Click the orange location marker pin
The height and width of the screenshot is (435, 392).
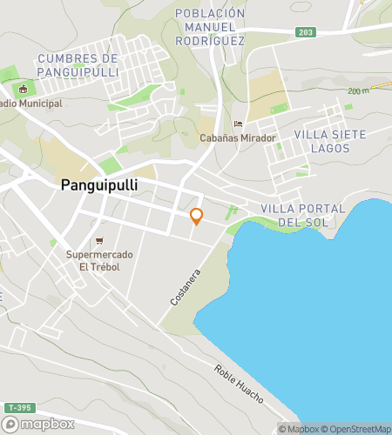[x=196, y=217]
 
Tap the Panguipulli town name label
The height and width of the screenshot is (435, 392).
[x=100, y=185]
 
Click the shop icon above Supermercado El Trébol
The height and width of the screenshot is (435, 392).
[x=99, y=240]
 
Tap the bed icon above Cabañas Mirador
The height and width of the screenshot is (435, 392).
[x=239, y=123]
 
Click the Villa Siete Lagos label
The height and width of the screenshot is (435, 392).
[x=329, y=141]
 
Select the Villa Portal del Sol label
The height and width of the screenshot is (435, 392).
[x=302, y=215]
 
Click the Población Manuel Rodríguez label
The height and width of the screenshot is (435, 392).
[x=210, y=26]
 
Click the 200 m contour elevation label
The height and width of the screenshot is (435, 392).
[x=358, y=90]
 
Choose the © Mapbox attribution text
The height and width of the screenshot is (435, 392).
[x=299, y=428]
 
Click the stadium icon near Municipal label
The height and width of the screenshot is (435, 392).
[x=24, y=88]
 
